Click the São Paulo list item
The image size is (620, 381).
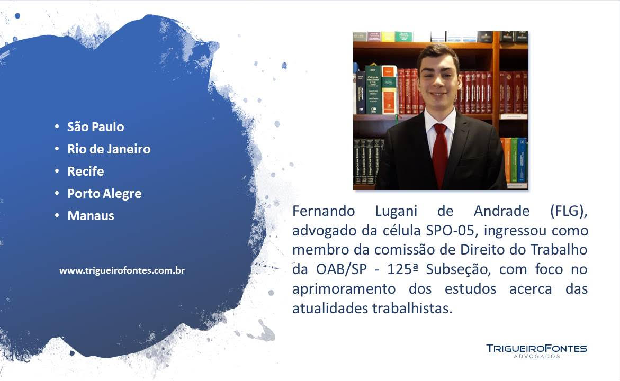tap(95, 127)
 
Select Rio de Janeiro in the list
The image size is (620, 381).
tap(109, 149)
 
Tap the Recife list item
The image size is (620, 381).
tap(85, 171)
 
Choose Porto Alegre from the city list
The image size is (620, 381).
tap(104, 194)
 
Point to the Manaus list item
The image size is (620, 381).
tap(91, 216)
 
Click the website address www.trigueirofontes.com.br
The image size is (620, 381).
tap(122, 271)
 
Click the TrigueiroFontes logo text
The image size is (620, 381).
tap(536, 348)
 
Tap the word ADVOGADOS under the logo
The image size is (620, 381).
tap(536, 357)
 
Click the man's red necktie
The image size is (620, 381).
tap(439, 154)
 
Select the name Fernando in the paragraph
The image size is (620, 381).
tap(324, 211)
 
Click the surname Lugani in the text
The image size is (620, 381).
tap(396, 212)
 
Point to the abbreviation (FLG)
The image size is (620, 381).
tap(569, 212)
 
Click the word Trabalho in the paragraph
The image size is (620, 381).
tap(559, 250)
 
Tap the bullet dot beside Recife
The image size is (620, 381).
tap(57, 171)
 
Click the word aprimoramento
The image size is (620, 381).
tap(344, 289)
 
